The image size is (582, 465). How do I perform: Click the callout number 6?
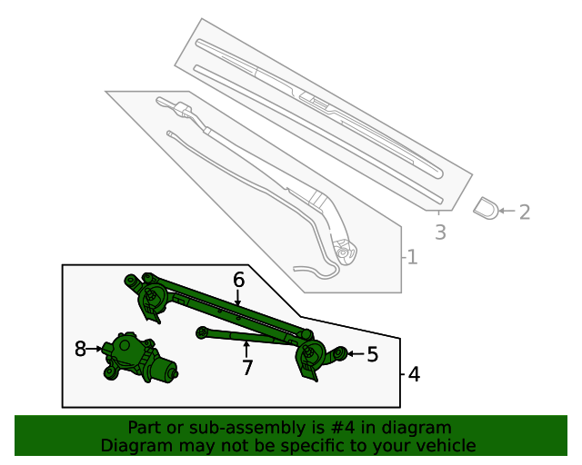238,280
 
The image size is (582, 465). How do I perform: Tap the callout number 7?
246,368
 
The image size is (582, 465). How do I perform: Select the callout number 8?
80,349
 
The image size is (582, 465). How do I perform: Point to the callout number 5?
372,354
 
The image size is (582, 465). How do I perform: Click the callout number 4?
414,373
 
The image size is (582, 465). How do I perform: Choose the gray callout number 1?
412,258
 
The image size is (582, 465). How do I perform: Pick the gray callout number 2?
524,212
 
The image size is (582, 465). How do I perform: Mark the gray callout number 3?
440,232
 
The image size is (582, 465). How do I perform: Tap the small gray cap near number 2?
486,208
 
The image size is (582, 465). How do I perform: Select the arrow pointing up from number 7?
246,349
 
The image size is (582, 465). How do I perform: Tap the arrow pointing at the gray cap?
507,212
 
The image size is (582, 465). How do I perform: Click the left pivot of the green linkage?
149,296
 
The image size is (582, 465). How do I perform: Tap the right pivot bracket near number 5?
314,355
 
